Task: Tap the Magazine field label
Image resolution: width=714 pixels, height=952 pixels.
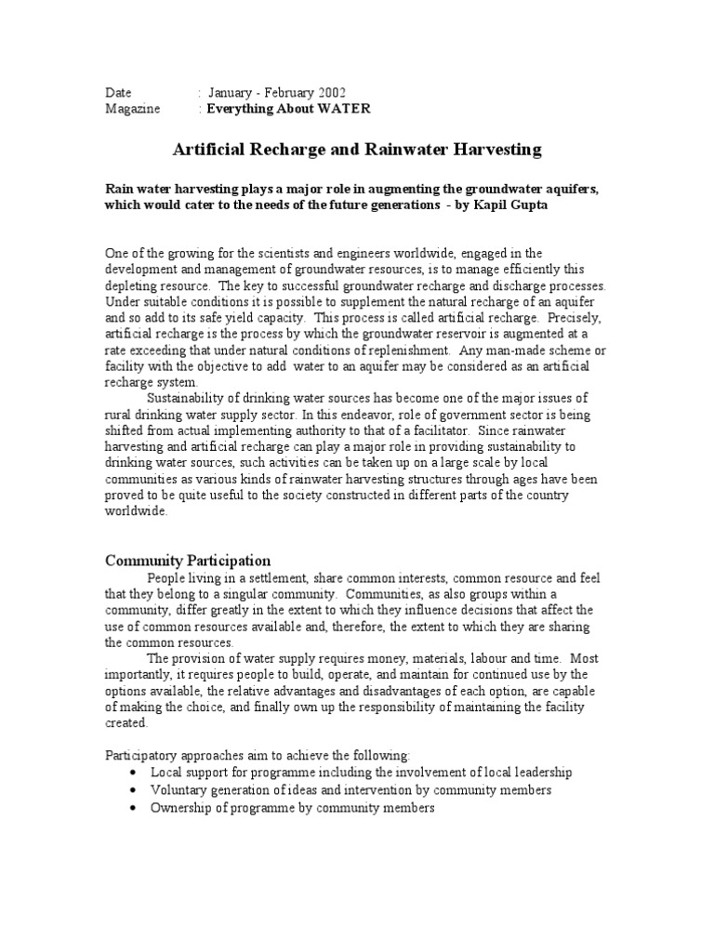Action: [x=132, y=109]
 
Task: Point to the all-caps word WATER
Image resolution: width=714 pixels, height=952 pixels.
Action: [x=346, y=109]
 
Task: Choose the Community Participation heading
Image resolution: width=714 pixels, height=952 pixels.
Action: [x=188, y=561]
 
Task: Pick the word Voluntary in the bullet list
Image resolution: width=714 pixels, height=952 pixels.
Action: [x=178, y=790]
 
